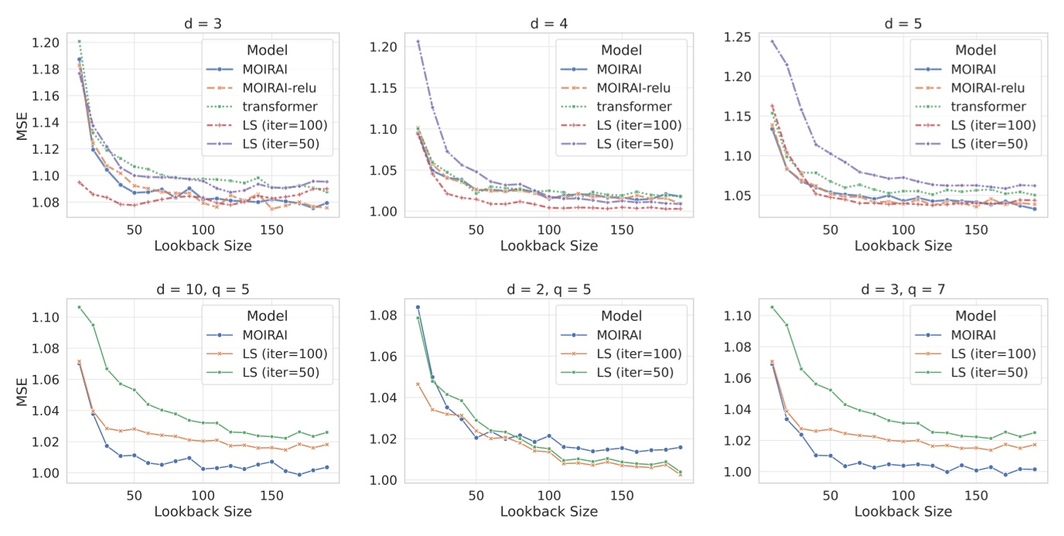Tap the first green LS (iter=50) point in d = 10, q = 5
[79, 307]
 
